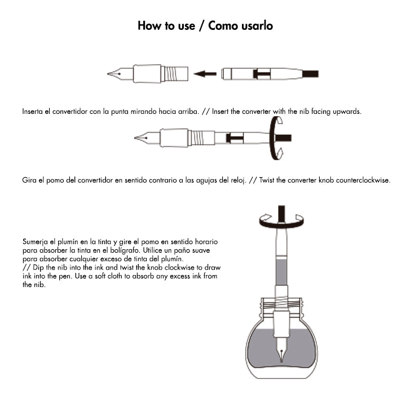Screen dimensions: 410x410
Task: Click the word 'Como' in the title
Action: click(225, 26)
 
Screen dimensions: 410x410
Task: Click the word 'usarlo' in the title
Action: click(257, 26)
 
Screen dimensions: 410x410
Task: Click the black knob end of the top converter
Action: click(311, 73)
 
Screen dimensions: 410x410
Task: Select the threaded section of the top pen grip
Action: click(174, 73)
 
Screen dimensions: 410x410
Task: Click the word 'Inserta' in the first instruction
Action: click(33, 112)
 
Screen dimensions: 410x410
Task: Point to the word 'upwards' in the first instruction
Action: click(345, 112)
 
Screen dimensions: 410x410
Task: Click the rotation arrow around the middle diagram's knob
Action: click(275, 138)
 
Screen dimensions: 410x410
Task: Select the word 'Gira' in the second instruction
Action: click(29, 181)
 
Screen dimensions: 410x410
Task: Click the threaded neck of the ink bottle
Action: click(282, 307)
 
